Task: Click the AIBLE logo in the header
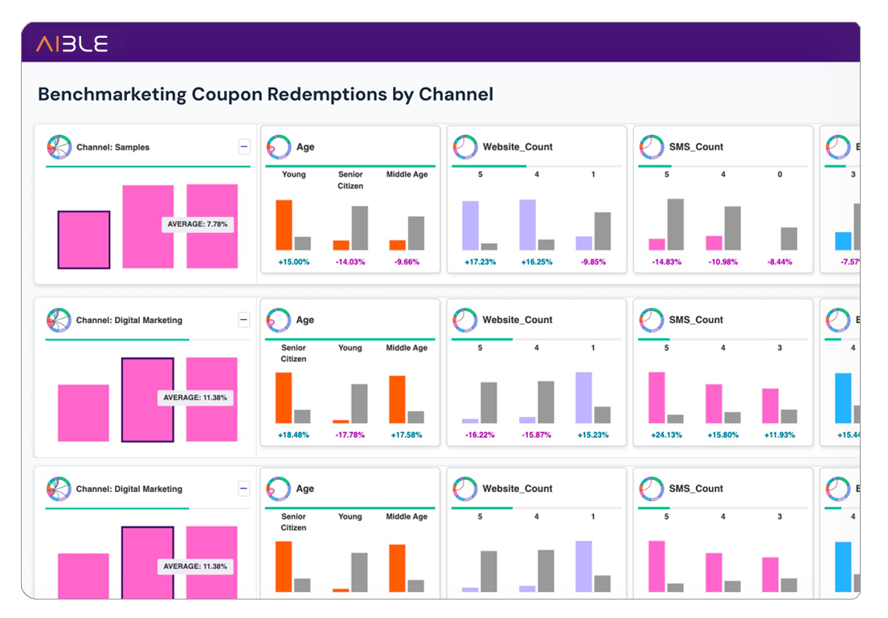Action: (x=72, y=43)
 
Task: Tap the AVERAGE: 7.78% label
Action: (x=198, y=224)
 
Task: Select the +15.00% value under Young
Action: (x=293, y=262)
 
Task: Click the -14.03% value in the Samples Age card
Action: (x=350, y=262)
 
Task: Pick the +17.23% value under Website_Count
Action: (x=480, y=262)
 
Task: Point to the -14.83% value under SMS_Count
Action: (x=666, y=262)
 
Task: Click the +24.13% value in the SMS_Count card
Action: (x=666, y=435)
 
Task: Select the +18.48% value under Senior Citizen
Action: (x=293, y=435)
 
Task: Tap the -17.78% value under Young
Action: (x=350, y=435)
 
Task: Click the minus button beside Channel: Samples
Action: (x=244, y=147)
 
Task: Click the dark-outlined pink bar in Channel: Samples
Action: (x=84, y=239)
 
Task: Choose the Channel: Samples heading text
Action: (x=113, y=148)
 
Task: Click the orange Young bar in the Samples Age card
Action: (x=284, y=225)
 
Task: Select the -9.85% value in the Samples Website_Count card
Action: (x=593, y=262)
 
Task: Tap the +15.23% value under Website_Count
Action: (x=593, y=435)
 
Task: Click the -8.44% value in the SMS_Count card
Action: (x=780, y=262)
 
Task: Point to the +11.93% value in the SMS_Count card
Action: (x=780, y=435)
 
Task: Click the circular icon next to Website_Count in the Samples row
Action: (x=464, y=147)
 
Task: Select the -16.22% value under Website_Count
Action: (x=480, y=435)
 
